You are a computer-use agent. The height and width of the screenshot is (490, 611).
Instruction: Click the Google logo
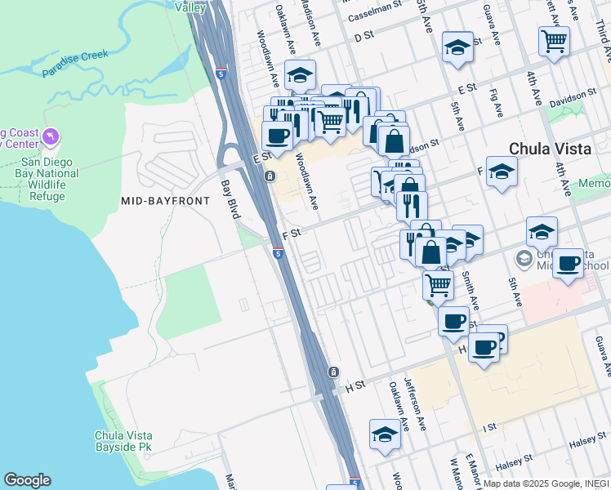tap(27, 480)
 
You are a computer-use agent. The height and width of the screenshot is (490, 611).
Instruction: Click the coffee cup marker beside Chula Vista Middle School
tap(569, 263)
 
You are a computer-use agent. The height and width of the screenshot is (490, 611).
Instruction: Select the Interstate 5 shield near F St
tap(279, 254)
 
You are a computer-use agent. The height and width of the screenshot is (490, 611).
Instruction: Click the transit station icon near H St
tap(333, 372)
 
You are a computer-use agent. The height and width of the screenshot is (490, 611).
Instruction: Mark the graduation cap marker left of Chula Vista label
tap(502, 171)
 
